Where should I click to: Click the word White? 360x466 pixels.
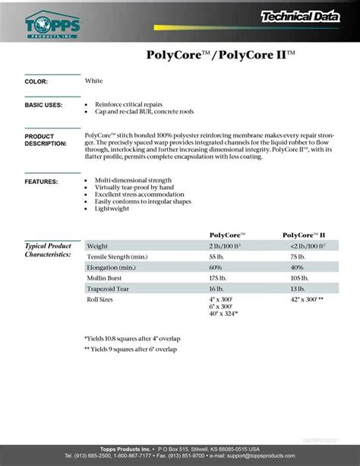coord(94,81)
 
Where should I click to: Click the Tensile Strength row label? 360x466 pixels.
coord(117,258)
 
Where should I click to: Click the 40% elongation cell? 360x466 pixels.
coord(297,268)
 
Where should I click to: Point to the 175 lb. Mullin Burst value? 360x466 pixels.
coord(220,279)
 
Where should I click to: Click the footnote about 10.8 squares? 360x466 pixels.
coord(132,338)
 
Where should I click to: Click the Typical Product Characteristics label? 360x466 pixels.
coord(49,250)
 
